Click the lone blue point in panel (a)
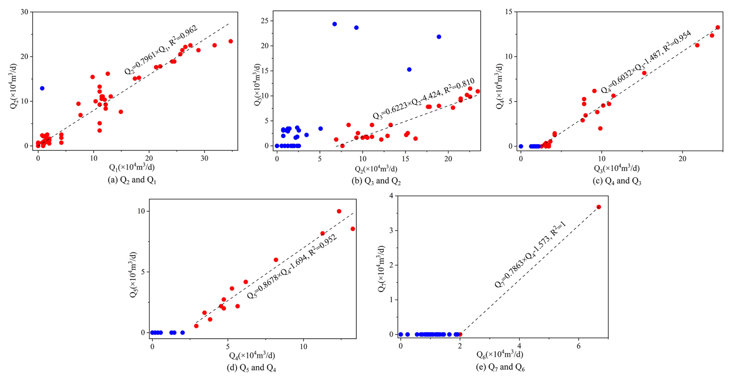pos(42,88)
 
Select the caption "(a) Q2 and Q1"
pos(132,180)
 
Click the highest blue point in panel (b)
pos(335,24)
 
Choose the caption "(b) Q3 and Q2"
pos(376,181)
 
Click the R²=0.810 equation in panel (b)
pos(423,99)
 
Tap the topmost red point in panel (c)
pos(718,27)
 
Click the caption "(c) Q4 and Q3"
pos(617,181)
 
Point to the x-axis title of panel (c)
pos(617,168)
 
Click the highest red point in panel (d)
pos(339,211)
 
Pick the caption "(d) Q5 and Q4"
pos(251,368)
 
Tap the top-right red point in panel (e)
pos(599,207)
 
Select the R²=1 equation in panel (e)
pos(530,254)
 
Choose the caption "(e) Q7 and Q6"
pos(500,367)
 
